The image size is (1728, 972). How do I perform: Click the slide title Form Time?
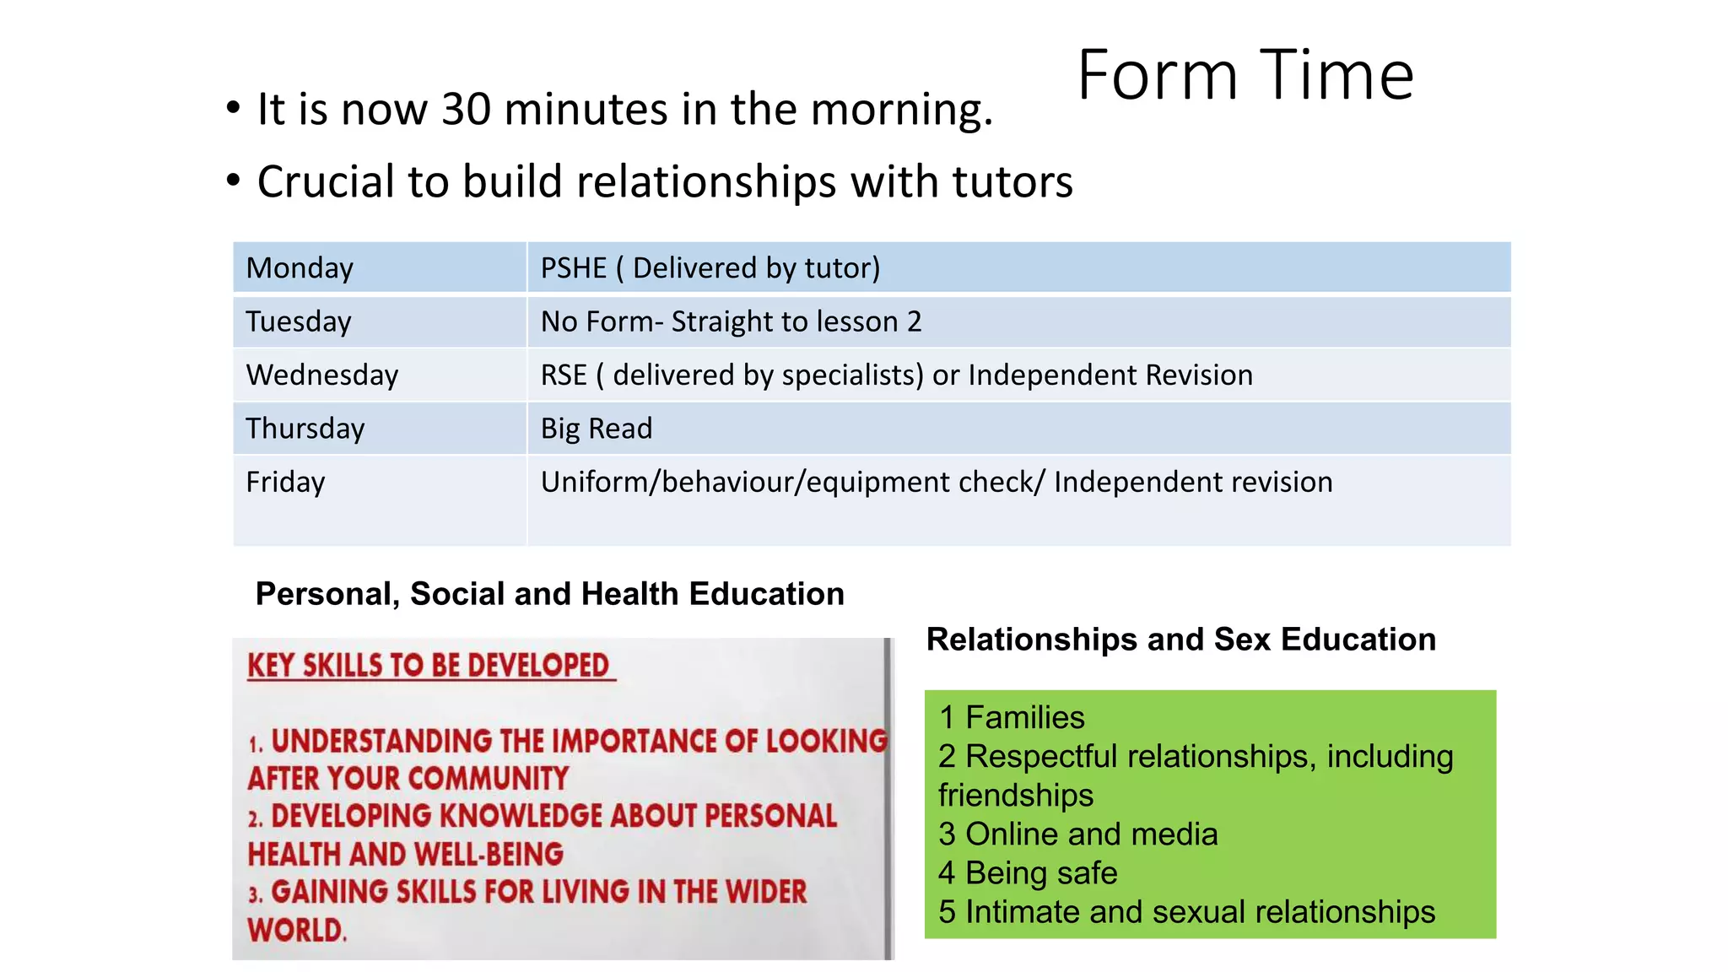coord(1245,76)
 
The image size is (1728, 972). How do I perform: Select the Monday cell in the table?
coord(300,268)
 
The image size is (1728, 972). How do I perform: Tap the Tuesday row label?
coord(298,321)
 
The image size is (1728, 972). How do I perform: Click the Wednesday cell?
coord(321,375)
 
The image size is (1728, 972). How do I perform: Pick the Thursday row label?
coord(305,429)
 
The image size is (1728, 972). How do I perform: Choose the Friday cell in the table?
coord(285,482)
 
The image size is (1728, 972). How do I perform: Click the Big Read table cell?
coord(596,429)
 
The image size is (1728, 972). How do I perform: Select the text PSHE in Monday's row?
coord(573,268)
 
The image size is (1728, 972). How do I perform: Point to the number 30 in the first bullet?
coord(466,110)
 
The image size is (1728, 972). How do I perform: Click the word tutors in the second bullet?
coord(1012,182)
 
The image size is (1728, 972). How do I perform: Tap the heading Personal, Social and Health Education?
coord(549,594)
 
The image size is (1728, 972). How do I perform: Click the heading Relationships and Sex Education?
coord(1180,640)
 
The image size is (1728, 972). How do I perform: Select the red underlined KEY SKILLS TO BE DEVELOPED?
coord(429,666)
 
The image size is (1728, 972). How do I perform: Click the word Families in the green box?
coord(1024,717)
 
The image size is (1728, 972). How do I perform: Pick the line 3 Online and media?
coord(1077,834)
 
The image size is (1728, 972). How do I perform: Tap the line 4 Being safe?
coord(1028,873)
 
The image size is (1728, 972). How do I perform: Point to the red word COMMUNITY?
coord(484,778)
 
